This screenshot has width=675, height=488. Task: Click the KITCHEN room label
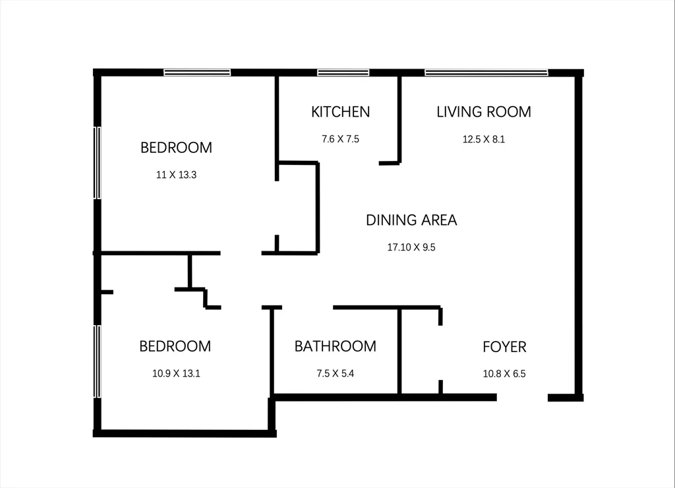[x=341, y=112]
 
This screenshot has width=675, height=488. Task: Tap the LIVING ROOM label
[x=484, y=112]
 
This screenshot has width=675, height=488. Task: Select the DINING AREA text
[x=411, y=220]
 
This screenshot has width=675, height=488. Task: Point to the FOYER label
[x=504, y=347]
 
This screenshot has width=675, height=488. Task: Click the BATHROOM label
[x=336, y=346]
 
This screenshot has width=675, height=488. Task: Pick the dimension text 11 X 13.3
[x=177, y=175]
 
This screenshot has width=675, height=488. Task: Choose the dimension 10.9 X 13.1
[x=176, y=373]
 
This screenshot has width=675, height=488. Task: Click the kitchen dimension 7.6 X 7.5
[x=341, y=139]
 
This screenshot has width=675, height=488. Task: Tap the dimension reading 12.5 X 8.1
[x=484, y=139]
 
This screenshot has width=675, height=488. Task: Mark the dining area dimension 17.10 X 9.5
[x=411, y=247]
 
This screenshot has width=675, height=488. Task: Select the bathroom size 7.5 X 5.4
[x=336, y=373]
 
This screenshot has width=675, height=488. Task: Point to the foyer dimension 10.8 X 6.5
[x=504, y=374]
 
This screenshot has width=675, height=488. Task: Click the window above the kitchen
[x=343, y=73]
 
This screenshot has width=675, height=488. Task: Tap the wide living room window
[x=486, y=73]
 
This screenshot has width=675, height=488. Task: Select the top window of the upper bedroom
[x=197, y=73]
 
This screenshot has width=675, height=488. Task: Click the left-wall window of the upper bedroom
[x=98, y=163]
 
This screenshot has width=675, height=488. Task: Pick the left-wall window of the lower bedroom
[x=98, y=361]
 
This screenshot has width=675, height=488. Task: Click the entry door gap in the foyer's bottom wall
[x=522, y=398]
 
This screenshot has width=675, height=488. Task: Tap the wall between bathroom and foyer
[x=399, y=351]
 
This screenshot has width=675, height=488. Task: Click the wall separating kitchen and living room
[x=399, y=119]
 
